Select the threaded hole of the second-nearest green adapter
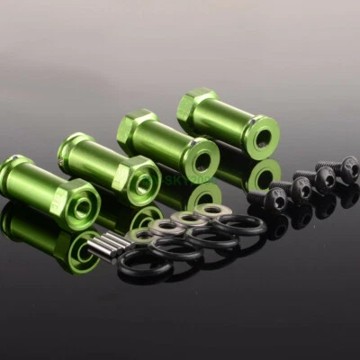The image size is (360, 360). point(142,184)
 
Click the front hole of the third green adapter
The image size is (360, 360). point(202,163)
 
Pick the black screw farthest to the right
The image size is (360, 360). point(348,166)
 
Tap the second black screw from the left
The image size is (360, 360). point(301,187)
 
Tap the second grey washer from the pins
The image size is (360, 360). point(166,226)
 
